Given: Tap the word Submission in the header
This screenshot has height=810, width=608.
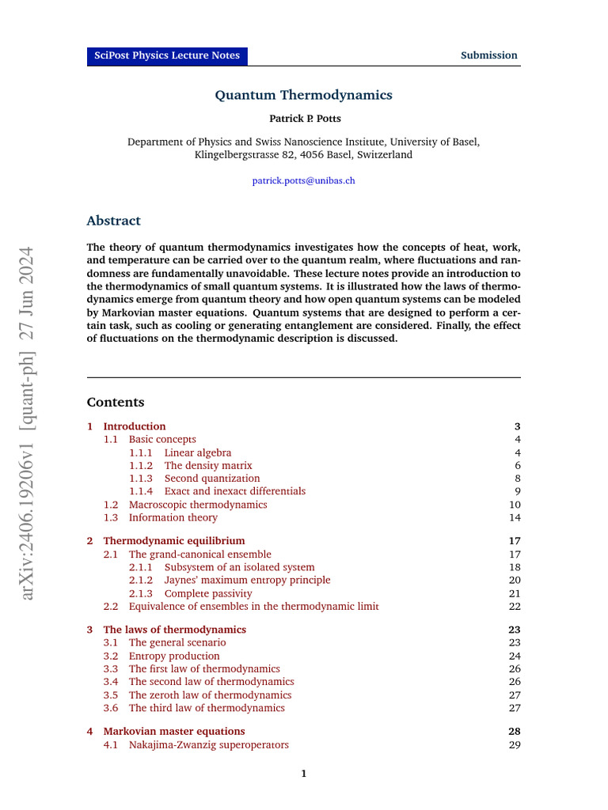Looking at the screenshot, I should (489, 55).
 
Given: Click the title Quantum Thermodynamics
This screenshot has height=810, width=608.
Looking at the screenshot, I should (303, 95).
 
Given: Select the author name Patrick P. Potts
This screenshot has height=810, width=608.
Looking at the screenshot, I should (303, 119).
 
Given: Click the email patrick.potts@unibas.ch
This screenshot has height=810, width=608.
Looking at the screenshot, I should (303, 180).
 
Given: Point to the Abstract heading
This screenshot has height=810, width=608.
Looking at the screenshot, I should (113, 221).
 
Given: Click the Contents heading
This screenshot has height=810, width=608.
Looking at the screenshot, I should (116, 402).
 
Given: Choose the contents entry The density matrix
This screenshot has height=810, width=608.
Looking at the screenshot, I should (208, 466).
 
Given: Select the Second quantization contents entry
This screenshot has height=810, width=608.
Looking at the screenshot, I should (211, 479).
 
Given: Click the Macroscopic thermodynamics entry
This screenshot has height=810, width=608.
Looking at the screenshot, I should (198, 505).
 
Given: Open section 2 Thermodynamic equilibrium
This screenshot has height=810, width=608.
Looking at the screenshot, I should (174, 541).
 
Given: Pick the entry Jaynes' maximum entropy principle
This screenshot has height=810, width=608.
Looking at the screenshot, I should (247, 580).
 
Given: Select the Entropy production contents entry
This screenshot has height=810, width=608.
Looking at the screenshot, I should (174, 656).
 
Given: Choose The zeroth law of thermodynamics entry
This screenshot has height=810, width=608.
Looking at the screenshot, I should (210, 695).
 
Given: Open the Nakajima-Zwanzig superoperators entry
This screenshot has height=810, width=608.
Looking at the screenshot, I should (208, 744).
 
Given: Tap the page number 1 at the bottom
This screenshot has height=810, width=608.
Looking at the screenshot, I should (303, 774).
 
